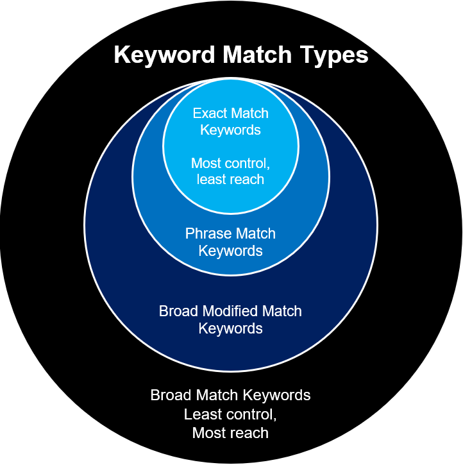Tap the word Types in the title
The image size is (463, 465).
[333, 55]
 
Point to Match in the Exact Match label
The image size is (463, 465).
[250, 114]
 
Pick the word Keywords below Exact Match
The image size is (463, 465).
[230, 130]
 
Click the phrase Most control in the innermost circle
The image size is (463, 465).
[230, 163]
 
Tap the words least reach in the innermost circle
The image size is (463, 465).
[230, 179]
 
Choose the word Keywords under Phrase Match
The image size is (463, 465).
[230, 250]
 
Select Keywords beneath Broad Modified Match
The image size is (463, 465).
[230, 328]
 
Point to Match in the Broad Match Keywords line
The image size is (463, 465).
[215, 394]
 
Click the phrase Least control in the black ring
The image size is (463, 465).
[230, 414]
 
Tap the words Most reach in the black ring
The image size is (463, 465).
[230, 434]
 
